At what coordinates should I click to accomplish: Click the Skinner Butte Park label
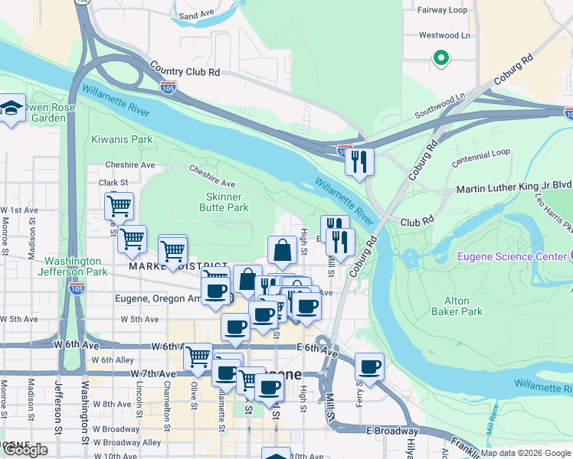pos(224,202)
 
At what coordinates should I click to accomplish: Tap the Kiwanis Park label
pos(122,140)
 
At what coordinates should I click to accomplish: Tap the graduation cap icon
pos(11,107)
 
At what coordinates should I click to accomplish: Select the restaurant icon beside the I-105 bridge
pos(358,161)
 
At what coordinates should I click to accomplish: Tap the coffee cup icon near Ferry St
pos(370,367)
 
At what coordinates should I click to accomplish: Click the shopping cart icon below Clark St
pos(119,205)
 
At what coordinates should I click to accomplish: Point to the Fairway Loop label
pos(442,10)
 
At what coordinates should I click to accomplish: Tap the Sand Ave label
pos(196,15)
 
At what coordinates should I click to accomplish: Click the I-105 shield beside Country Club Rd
pos(169,86)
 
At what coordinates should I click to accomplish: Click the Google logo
pos(26,449)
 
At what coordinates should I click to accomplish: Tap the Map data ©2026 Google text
pos(526,453)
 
